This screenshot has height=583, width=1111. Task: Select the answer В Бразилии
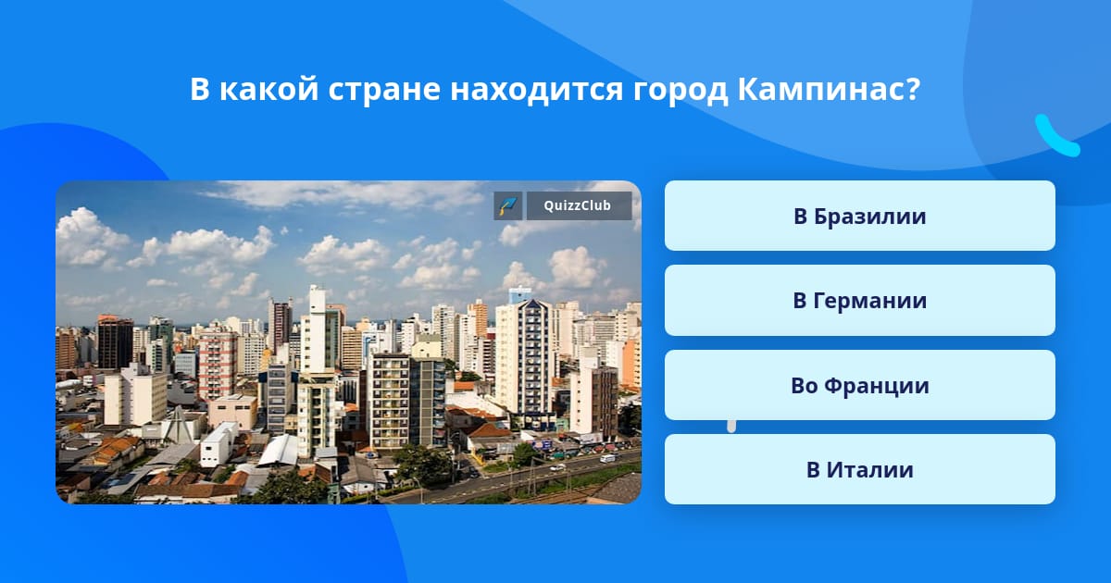[x=859, y=216]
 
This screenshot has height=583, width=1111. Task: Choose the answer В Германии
[x=859, y=301]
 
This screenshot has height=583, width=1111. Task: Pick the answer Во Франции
[x=859, y=385]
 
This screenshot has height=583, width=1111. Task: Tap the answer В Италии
[x=859, y=469]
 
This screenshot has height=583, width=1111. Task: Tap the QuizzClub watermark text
[x=577, y=205]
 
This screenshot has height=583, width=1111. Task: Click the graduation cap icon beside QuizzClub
[x=508, y=205]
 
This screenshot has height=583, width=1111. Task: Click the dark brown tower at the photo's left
[x=115, y=342]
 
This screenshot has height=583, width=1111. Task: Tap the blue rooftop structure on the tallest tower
[x=519, y=294]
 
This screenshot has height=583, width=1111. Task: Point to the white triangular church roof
[x=179, y=426]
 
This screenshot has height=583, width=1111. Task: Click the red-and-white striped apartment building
[x=218, y=364]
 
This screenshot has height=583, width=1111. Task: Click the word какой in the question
[x=268, y=89]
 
